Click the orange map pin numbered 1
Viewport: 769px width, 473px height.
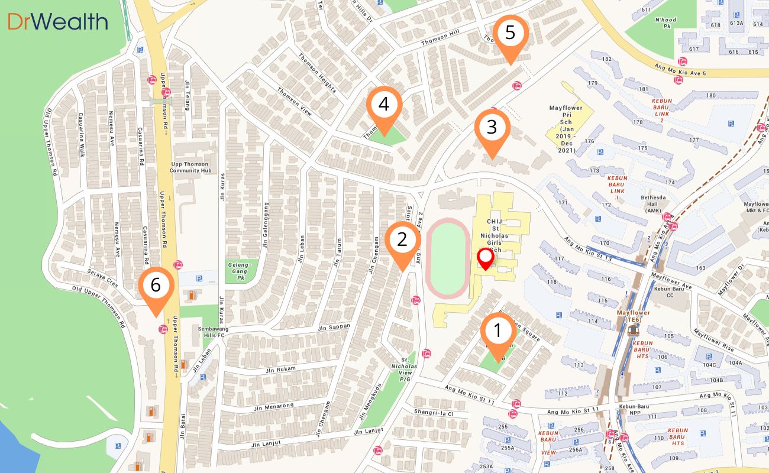497,331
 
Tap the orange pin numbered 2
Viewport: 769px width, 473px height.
402,240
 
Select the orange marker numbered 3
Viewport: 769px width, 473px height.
492,127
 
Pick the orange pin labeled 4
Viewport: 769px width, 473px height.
384,105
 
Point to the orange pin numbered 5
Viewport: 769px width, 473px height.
510,33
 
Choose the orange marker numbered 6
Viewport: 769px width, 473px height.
156,286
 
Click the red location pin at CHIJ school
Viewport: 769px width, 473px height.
486,258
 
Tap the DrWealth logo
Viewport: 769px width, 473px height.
58,22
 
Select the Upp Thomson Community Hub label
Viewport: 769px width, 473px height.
189,167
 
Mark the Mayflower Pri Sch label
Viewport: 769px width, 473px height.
566,129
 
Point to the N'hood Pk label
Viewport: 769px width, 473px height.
665,23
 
